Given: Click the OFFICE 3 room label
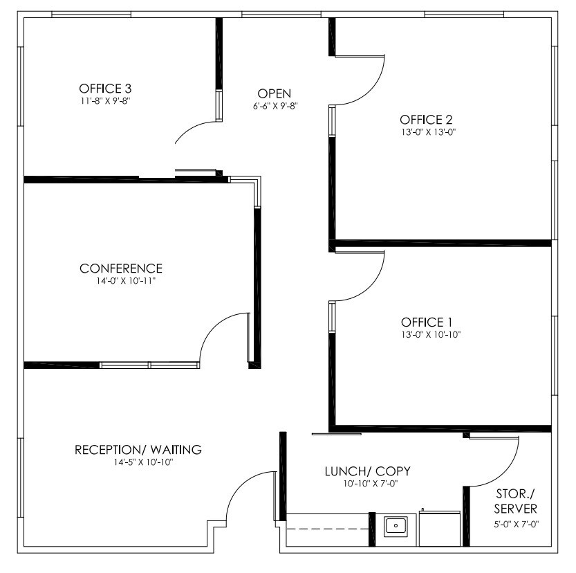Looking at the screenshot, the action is click(105, 89).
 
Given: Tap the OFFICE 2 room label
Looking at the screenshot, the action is click(426, 120).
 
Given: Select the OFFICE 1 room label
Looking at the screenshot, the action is click(427, 322).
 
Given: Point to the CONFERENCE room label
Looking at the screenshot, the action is click(121, 269).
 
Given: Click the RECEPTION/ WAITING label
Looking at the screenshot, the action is click(138, 450).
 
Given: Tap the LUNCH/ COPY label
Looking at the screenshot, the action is click(367, 471).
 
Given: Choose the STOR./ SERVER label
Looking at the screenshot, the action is click(515, 501).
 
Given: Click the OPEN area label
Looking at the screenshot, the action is click(274, 93).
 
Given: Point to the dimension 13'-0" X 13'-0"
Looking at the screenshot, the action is click(428, 132).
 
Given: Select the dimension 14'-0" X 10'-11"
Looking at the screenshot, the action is click(126, 281).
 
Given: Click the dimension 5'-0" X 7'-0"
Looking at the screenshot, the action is click(516, 525).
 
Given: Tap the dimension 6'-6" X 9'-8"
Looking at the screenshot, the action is click(275, 106).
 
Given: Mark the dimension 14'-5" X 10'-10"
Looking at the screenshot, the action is click(143, 462).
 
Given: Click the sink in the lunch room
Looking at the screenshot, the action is click(396, 526).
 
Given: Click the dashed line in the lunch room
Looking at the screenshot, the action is click(328, 529).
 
